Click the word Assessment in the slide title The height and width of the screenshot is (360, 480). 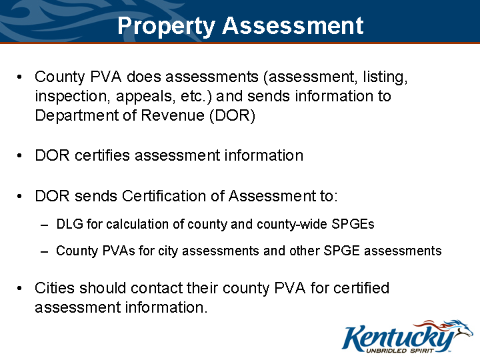(x=293, y=26)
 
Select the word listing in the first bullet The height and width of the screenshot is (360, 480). (x=383, y=77)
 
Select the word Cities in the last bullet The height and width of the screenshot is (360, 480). (x=55, y=289)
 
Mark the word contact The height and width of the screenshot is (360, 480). (x=159, y=289)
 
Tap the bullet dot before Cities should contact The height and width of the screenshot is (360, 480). (x=21, y=289)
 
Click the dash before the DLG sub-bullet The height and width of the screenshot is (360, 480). (x=44, y=225)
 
